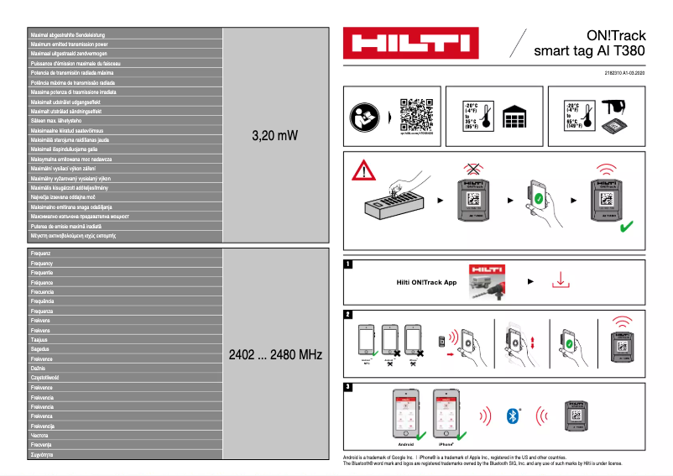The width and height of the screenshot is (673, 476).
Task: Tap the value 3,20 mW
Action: [274, 135]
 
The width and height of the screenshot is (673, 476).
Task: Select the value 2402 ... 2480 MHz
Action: [274, 355]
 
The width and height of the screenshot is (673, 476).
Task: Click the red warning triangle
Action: [363, 170]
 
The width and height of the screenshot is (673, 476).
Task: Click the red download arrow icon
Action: [561, 281]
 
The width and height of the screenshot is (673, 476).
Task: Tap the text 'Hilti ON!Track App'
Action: [426, 283]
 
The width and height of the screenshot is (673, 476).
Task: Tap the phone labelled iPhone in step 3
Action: [446, 413]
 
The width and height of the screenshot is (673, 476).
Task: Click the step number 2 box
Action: [348, 314]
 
